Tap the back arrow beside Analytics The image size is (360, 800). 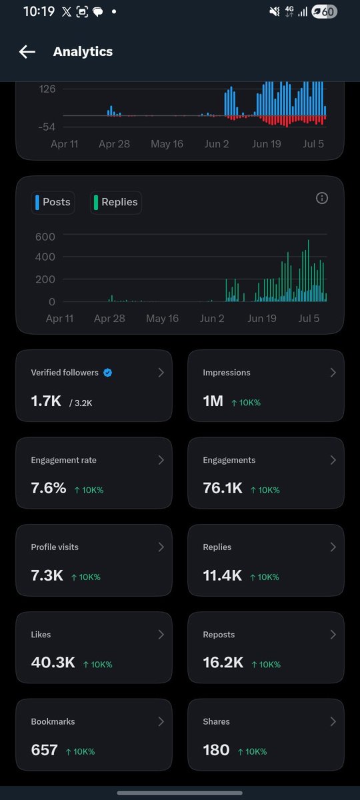27,52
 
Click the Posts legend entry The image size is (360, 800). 53,202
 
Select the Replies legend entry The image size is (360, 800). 116,202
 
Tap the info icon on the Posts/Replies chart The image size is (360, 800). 322,198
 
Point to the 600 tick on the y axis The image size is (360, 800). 45,237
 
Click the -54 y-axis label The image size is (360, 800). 47,127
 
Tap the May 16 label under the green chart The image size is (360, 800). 162,318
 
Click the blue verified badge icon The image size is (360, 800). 107,373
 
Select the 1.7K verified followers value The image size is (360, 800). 46,401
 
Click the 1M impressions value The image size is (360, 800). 213,401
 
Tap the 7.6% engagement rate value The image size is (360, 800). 49,488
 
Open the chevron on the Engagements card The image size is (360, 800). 333,460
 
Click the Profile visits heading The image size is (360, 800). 55,547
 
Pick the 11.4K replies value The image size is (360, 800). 222,575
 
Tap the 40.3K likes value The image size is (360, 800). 53,663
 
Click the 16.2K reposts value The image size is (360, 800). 223,663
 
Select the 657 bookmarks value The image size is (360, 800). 44,749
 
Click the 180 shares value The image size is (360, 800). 216,749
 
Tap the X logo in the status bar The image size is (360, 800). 67,12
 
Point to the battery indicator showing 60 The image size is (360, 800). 324,12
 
